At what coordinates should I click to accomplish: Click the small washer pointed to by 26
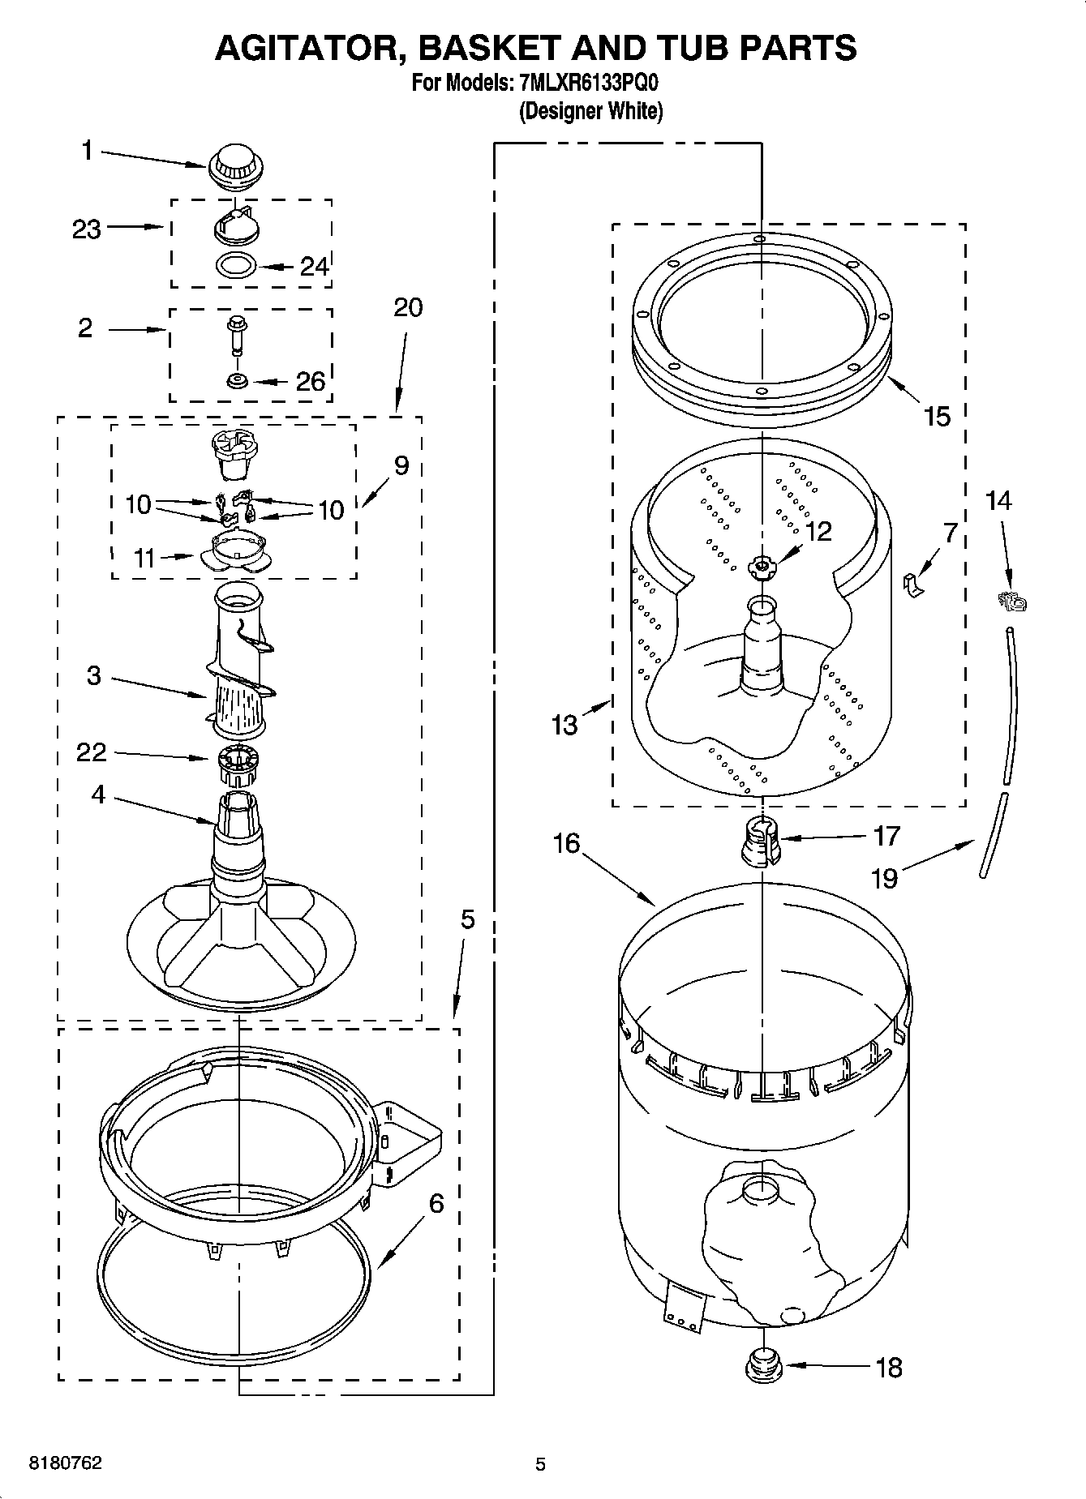[x=237, y=380]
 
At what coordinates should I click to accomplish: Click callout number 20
[x=408, y=307]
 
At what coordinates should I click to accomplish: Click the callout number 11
[x=144, y=558]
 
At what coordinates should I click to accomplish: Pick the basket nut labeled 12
[x=762, y=565]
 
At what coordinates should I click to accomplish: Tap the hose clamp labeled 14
[x=1012, y=602]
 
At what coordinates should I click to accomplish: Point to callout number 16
[x=566, y=844]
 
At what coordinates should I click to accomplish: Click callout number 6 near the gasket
[x=436, y=1203]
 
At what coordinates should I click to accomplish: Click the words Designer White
[x=591, y=112]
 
